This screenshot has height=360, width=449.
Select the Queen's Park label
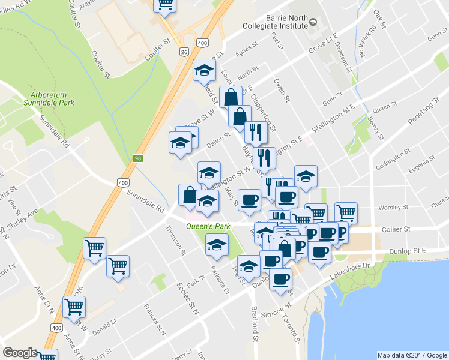click(x=208, y=227)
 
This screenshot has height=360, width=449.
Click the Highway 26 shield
click(x=181, y=52)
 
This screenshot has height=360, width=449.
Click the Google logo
click(x=20, y=353)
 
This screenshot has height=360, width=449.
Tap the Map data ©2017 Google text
click(x=412, y=355)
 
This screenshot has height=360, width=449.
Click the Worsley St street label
click(x=393, y=208)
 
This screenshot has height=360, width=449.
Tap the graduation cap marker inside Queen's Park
click(x=217, y=244)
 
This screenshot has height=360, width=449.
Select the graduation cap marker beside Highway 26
click(x=204, y=71)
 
